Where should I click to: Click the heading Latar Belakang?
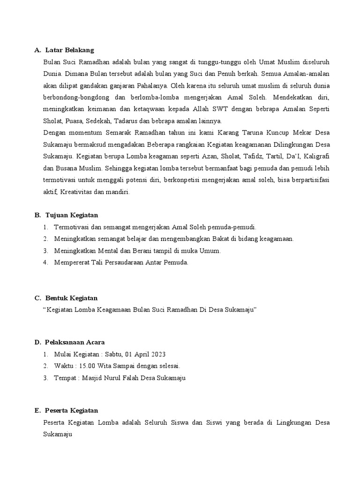[69, 50]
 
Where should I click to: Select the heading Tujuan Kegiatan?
[72, 215]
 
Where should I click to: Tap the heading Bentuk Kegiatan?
[72, 298]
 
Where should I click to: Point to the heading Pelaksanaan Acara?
[75, 342]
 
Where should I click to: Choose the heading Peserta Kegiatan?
[72, 410]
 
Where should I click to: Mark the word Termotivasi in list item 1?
[71, 227]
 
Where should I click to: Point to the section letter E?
[37, 410]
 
